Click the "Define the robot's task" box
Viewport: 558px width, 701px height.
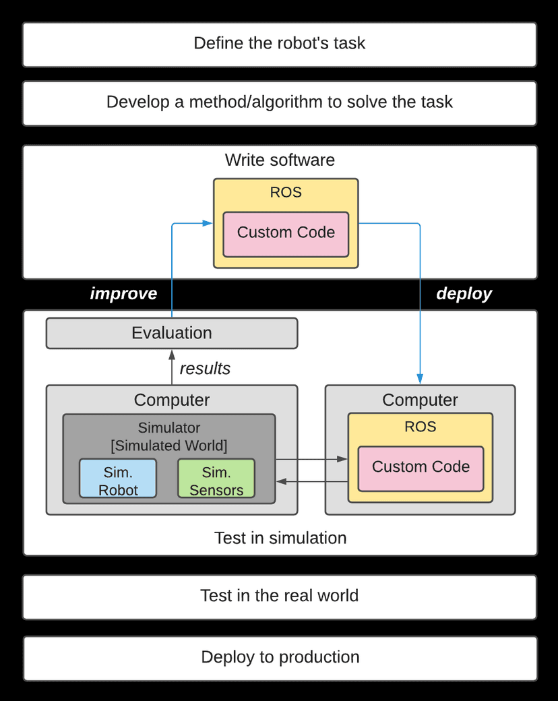tap(279, 44)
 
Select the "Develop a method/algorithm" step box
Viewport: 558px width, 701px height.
tap(279, 102)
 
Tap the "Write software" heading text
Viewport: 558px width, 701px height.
tap(280, 160)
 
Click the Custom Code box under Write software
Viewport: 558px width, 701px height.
tap(286, 233)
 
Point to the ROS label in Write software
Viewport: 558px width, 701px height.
tap(286, 193)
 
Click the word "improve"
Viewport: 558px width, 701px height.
tap(123, 294)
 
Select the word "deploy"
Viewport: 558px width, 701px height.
tap(464, 294)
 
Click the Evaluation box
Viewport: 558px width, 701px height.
tap(171, 333)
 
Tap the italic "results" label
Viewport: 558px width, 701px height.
tap(205, 369)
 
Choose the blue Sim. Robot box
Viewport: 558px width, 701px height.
tap(118, 479)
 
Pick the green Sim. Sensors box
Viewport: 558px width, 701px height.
tap(216, 479)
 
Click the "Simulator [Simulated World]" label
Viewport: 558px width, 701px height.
tap(169, 437)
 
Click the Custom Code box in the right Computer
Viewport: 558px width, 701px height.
tap(421, 467)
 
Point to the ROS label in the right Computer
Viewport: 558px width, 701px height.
tap(421, 427)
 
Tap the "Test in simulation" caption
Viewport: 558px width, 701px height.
tap(280, 538)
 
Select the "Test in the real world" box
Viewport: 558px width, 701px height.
tap(279, 597)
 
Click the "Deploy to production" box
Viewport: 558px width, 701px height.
tap(280, 657)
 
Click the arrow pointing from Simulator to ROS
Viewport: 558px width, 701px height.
tap(311, 460)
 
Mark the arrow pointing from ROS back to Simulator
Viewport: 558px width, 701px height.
tap(311, 481)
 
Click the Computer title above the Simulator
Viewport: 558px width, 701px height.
tap(171, 400)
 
